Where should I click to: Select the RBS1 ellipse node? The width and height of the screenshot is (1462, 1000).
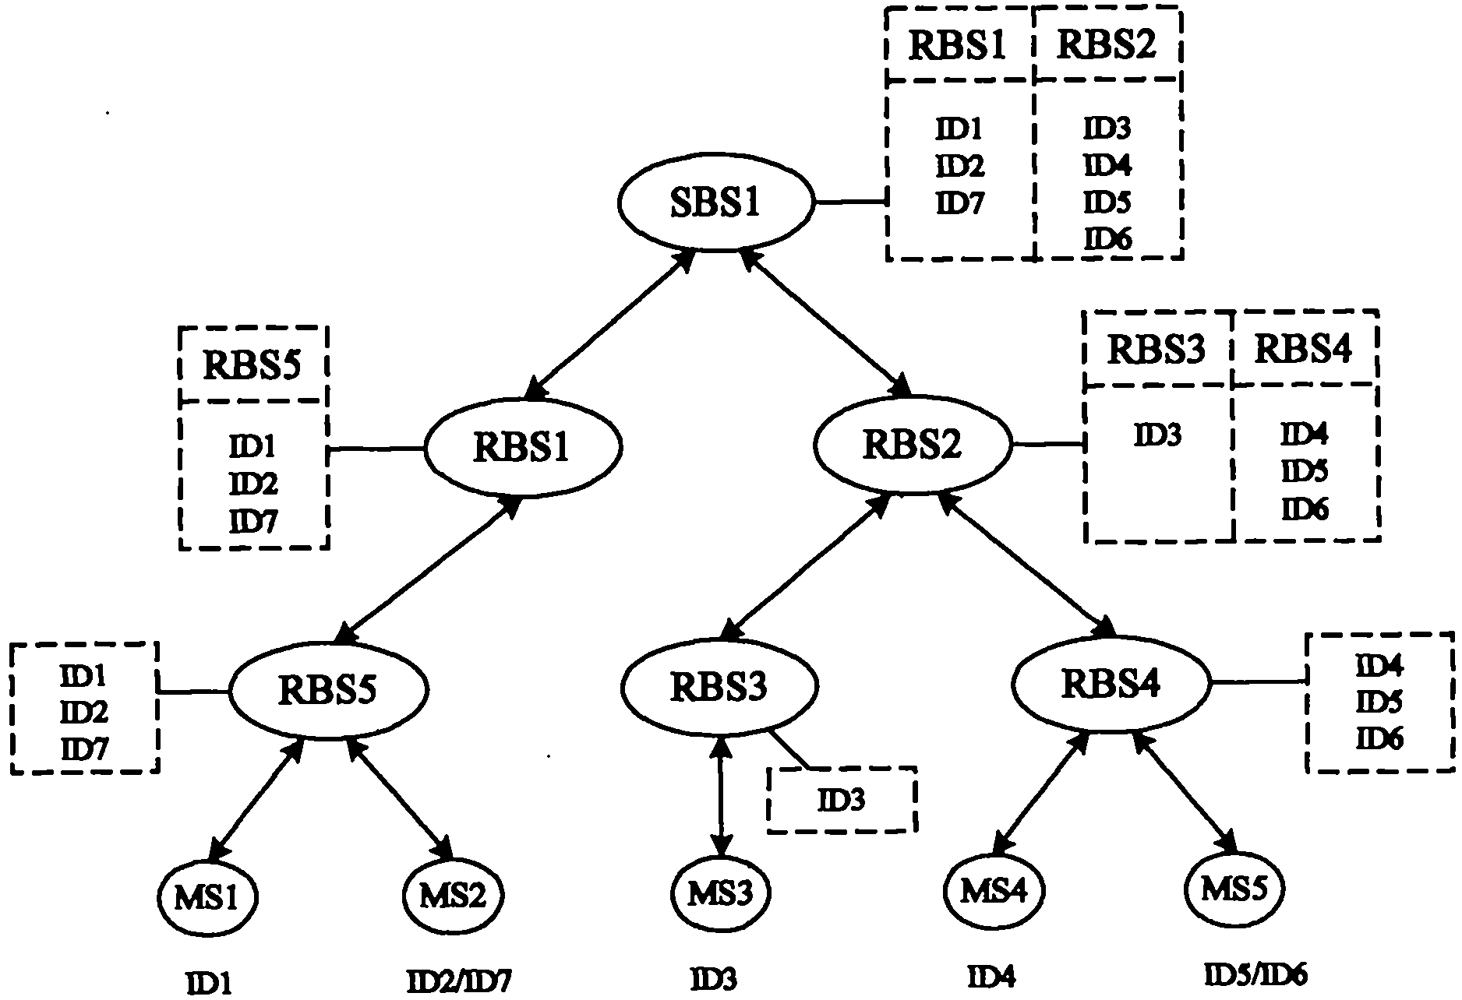522,446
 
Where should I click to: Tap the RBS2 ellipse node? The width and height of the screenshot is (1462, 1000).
913,445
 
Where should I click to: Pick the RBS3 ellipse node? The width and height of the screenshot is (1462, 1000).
719,686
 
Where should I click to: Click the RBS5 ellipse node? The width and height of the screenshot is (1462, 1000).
327,690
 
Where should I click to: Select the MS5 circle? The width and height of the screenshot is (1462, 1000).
1233,889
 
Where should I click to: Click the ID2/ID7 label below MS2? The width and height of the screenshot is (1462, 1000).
459,981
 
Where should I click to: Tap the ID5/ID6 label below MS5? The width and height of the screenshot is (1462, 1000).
1255,974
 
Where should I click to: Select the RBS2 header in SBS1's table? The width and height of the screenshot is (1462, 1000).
1106,45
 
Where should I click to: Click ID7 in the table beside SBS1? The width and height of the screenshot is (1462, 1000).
959,203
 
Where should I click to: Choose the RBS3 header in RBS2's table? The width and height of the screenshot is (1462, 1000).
1157,350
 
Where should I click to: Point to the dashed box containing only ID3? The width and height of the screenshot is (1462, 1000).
841,800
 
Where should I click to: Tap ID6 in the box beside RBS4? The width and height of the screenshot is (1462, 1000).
1379,738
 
